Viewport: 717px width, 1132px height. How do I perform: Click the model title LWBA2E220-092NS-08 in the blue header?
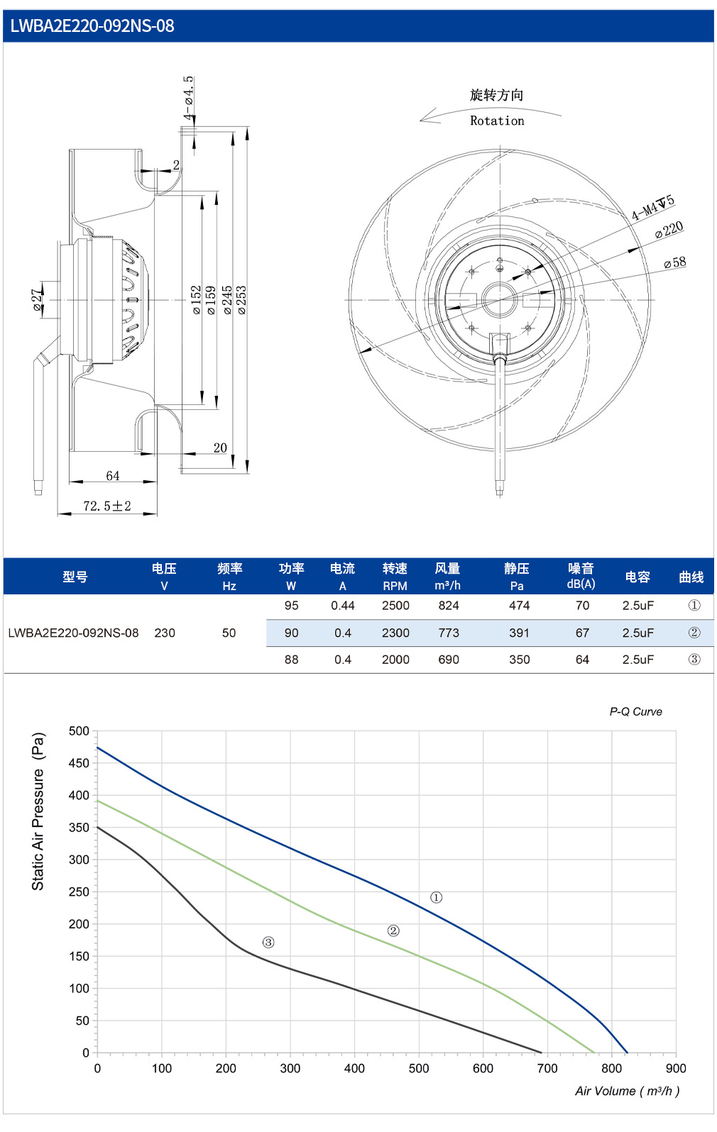pos(92,26)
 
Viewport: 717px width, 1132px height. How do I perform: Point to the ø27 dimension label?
pos(36,300)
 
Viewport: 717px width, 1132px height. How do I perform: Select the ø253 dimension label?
pos(241,300)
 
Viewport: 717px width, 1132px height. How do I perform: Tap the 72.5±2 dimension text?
pos(107,506)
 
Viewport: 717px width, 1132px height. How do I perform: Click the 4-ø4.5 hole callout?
pos(188,98)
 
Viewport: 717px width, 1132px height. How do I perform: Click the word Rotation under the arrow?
pos(497,121)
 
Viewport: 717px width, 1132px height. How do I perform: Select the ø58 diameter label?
pos(675,262)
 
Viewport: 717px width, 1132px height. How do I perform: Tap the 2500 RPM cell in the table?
pos(395,606)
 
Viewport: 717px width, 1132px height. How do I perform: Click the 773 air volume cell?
pos(449,633)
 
